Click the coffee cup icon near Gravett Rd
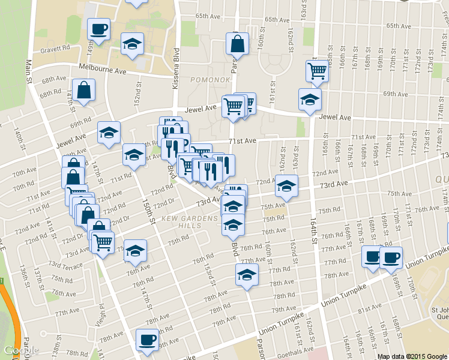tap(98, 28)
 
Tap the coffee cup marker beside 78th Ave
tap(146, 340)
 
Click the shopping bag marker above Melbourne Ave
tap(238, 43)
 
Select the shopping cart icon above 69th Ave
tap(316, 71)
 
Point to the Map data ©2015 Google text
tap(412, 356)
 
